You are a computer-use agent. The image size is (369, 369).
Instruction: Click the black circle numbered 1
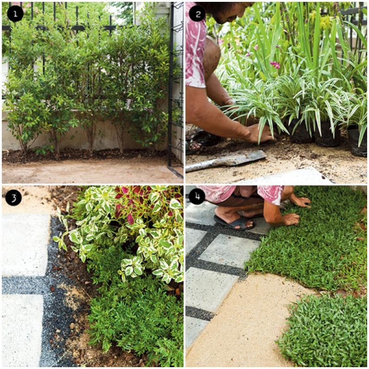15,14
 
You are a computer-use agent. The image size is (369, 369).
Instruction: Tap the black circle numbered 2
198,14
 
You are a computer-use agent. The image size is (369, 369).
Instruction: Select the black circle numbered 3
14,197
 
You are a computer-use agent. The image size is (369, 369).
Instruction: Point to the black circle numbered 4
197,196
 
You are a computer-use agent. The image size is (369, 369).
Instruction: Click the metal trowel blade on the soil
226,161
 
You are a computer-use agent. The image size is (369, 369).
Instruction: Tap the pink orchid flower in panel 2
275,65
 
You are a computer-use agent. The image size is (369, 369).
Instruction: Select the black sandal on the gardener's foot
235,223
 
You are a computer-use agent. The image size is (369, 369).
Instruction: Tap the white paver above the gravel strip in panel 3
25,245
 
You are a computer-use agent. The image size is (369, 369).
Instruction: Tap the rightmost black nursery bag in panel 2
357,141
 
